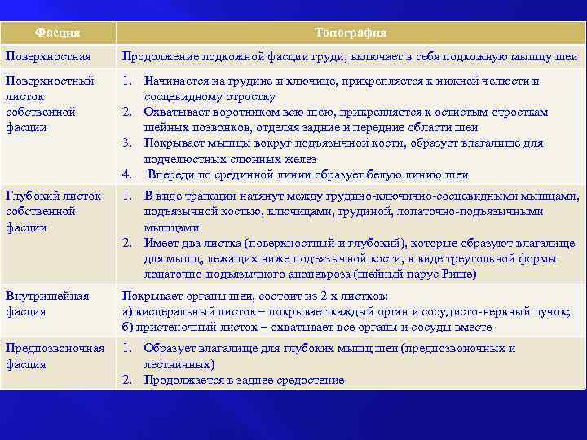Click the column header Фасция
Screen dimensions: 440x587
(x=58, y=33)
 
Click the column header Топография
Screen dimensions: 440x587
(x=351, y=33)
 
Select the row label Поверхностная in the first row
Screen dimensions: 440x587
(x=42, y=56)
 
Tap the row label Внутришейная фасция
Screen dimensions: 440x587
(x=47, y=304)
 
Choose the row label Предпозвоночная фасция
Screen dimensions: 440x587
(x=55, y=357)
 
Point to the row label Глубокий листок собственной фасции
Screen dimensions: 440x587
(x=53, y=212)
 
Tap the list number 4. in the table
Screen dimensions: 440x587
(x=127, y=174)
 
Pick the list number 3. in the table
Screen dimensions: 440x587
(x=127, y=143)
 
